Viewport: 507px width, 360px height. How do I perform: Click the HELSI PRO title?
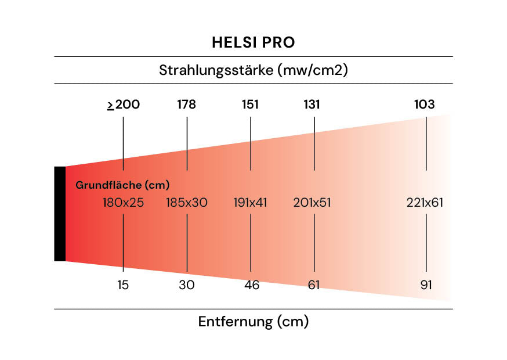click(253, 43)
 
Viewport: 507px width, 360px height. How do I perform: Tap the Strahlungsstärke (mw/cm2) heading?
click(253, 70)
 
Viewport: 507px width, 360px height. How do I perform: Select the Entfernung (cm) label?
click(253, 322)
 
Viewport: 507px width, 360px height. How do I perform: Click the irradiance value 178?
click(187, 105)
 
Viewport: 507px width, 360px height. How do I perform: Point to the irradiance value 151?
click(251, 105)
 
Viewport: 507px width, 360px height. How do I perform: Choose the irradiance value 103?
click(424, 105)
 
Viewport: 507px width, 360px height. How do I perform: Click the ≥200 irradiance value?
click(124, 105)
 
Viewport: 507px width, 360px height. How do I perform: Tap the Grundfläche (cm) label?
click(122, 186)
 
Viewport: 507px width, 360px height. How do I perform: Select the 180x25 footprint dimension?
click(123, 203)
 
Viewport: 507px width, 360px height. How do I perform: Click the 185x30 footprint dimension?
click(187, 203)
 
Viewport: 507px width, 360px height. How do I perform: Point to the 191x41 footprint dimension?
click(251, 203)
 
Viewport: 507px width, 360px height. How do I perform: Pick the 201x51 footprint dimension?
click(313, 203)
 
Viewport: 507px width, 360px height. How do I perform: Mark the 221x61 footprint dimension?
click(425, 203)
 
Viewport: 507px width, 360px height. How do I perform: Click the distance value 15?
click(123, 286)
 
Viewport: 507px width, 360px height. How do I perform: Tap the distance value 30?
click(187, 286)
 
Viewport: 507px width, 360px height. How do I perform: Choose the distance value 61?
click(314, 286)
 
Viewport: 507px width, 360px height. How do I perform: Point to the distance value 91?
click(426, 286)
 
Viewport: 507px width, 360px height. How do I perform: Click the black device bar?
click(60, 214)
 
